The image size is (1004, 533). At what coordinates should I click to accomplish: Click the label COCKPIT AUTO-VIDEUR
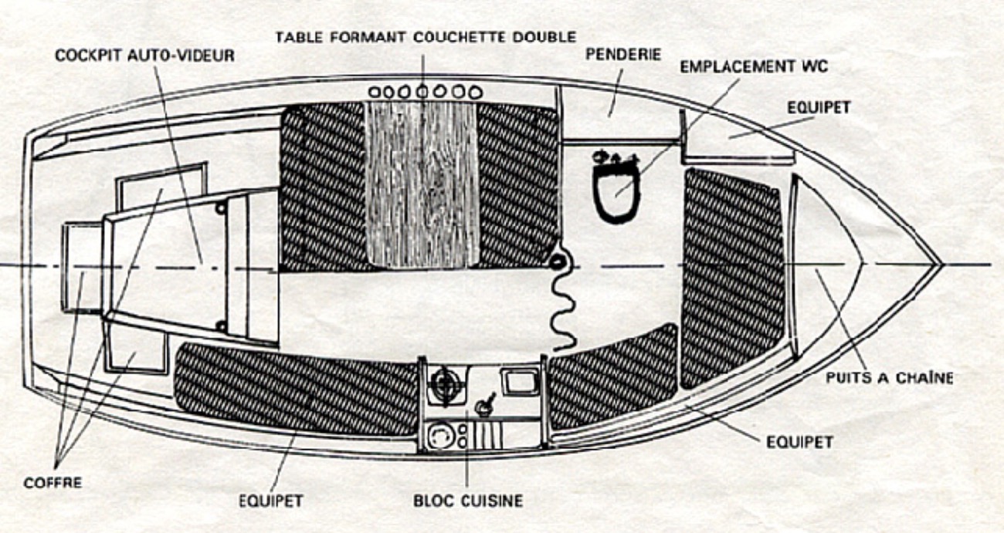coord(144,56)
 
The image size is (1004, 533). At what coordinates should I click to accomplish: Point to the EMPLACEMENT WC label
coord(754,66)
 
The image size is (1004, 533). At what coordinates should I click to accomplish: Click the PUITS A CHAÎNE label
coord(889,378)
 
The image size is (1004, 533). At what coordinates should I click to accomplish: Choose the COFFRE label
coord(53,483)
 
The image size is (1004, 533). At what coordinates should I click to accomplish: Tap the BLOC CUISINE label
coord(467,501)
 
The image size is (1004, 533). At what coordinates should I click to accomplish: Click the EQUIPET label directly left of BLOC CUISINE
coord(271,501)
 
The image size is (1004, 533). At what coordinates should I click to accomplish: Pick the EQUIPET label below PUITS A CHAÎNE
coord(799,442)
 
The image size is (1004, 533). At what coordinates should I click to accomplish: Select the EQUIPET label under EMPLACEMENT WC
coord(819,108)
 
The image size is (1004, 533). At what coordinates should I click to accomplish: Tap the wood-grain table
coord(422,185)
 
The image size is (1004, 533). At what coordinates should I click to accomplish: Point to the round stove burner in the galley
coord(446,381)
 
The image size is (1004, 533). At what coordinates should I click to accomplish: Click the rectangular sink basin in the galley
coord(519,381)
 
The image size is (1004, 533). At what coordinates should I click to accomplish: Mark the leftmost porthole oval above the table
coord(375,92)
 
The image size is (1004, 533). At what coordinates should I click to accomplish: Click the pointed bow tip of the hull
coord(940,265)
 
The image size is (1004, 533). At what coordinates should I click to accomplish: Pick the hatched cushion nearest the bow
coord(732,274)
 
